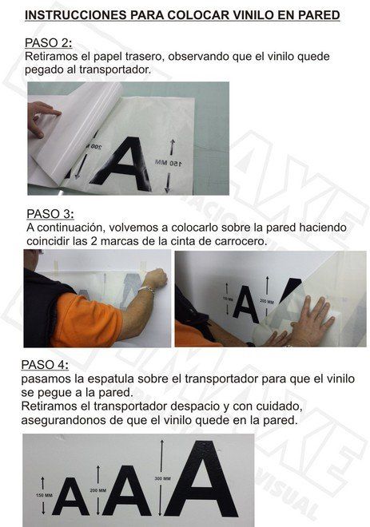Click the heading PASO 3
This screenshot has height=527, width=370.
(x=50, y=214)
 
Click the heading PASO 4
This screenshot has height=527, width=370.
(x=46, y=364)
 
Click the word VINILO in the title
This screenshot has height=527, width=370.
(x=245, y=15)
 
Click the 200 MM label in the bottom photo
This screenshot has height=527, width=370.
(x=97, y=490)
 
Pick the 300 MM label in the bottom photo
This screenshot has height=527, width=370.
(x=163, y=478)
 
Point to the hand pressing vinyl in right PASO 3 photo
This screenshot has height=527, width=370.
(x=308, y=322)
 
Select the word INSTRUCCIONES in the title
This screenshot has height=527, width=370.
(x=71, y=15)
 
